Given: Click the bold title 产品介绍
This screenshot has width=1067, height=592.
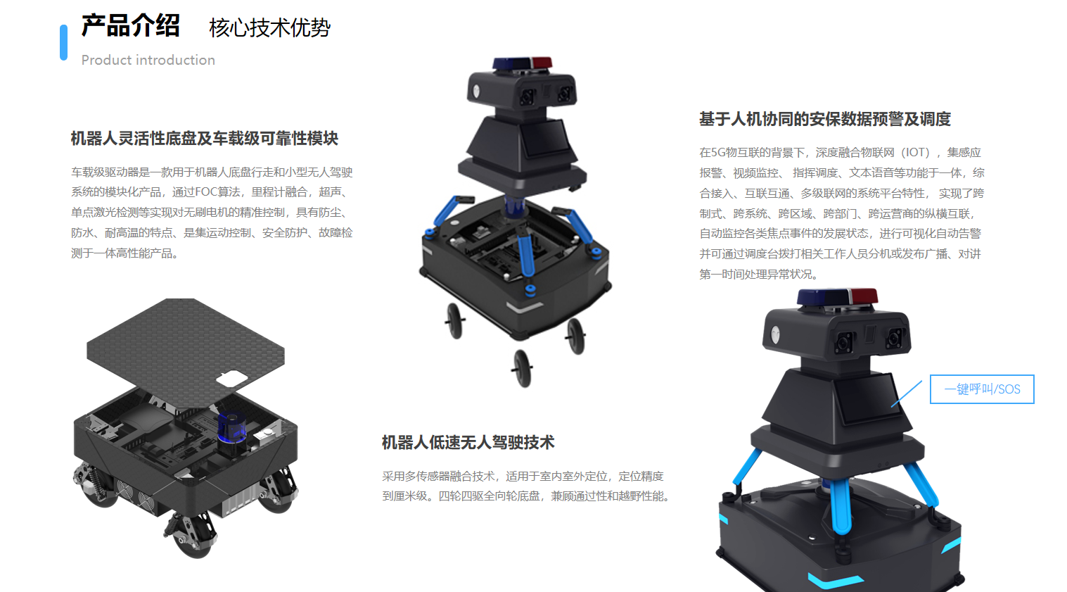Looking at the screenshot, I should click(x=131, y=26).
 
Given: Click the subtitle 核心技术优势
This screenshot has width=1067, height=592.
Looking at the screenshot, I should click(x=269, y=28).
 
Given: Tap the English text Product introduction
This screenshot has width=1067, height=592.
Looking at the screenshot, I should click(x=148, y=61).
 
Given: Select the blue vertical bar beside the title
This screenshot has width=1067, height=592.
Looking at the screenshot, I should click(x=64, y=42).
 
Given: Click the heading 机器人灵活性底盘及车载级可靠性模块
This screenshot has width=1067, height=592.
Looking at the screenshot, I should click(x=205, y=139).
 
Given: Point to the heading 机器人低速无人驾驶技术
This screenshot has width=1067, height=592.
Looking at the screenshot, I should click(x=468, y=442).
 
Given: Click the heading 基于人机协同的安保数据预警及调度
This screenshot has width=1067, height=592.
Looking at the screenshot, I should click(x=824, y=119).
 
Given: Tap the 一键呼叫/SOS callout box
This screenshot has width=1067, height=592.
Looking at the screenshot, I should click(x=982, y=389).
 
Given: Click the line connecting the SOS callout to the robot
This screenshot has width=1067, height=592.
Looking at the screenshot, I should click(x=907, y=393).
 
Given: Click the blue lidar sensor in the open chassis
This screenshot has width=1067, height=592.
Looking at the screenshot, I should click(x=231, y=427).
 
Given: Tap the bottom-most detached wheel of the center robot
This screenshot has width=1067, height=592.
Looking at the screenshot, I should click(x=522, y=367).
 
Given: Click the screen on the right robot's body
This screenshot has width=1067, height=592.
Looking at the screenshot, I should click(x=867, y=399).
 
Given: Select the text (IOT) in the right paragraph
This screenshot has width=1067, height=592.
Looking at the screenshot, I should click(x=916, y=153).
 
